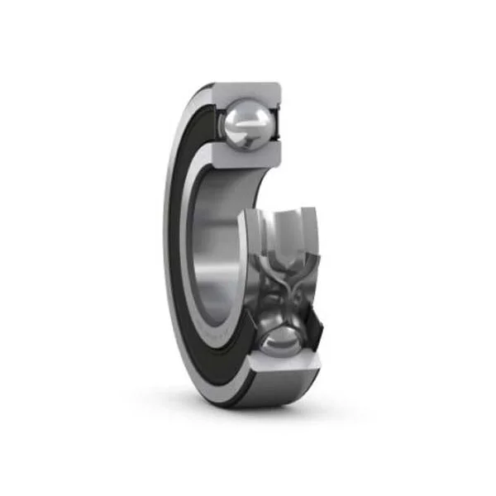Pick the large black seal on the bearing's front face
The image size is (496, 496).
(184, 248)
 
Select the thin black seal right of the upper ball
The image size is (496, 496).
(279, 124)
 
